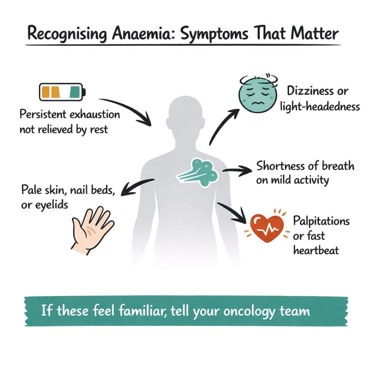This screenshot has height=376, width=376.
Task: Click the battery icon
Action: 62,92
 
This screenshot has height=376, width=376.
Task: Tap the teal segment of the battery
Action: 75,92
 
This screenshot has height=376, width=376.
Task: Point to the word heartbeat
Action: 316,250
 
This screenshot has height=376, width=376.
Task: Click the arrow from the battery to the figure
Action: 129,110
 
